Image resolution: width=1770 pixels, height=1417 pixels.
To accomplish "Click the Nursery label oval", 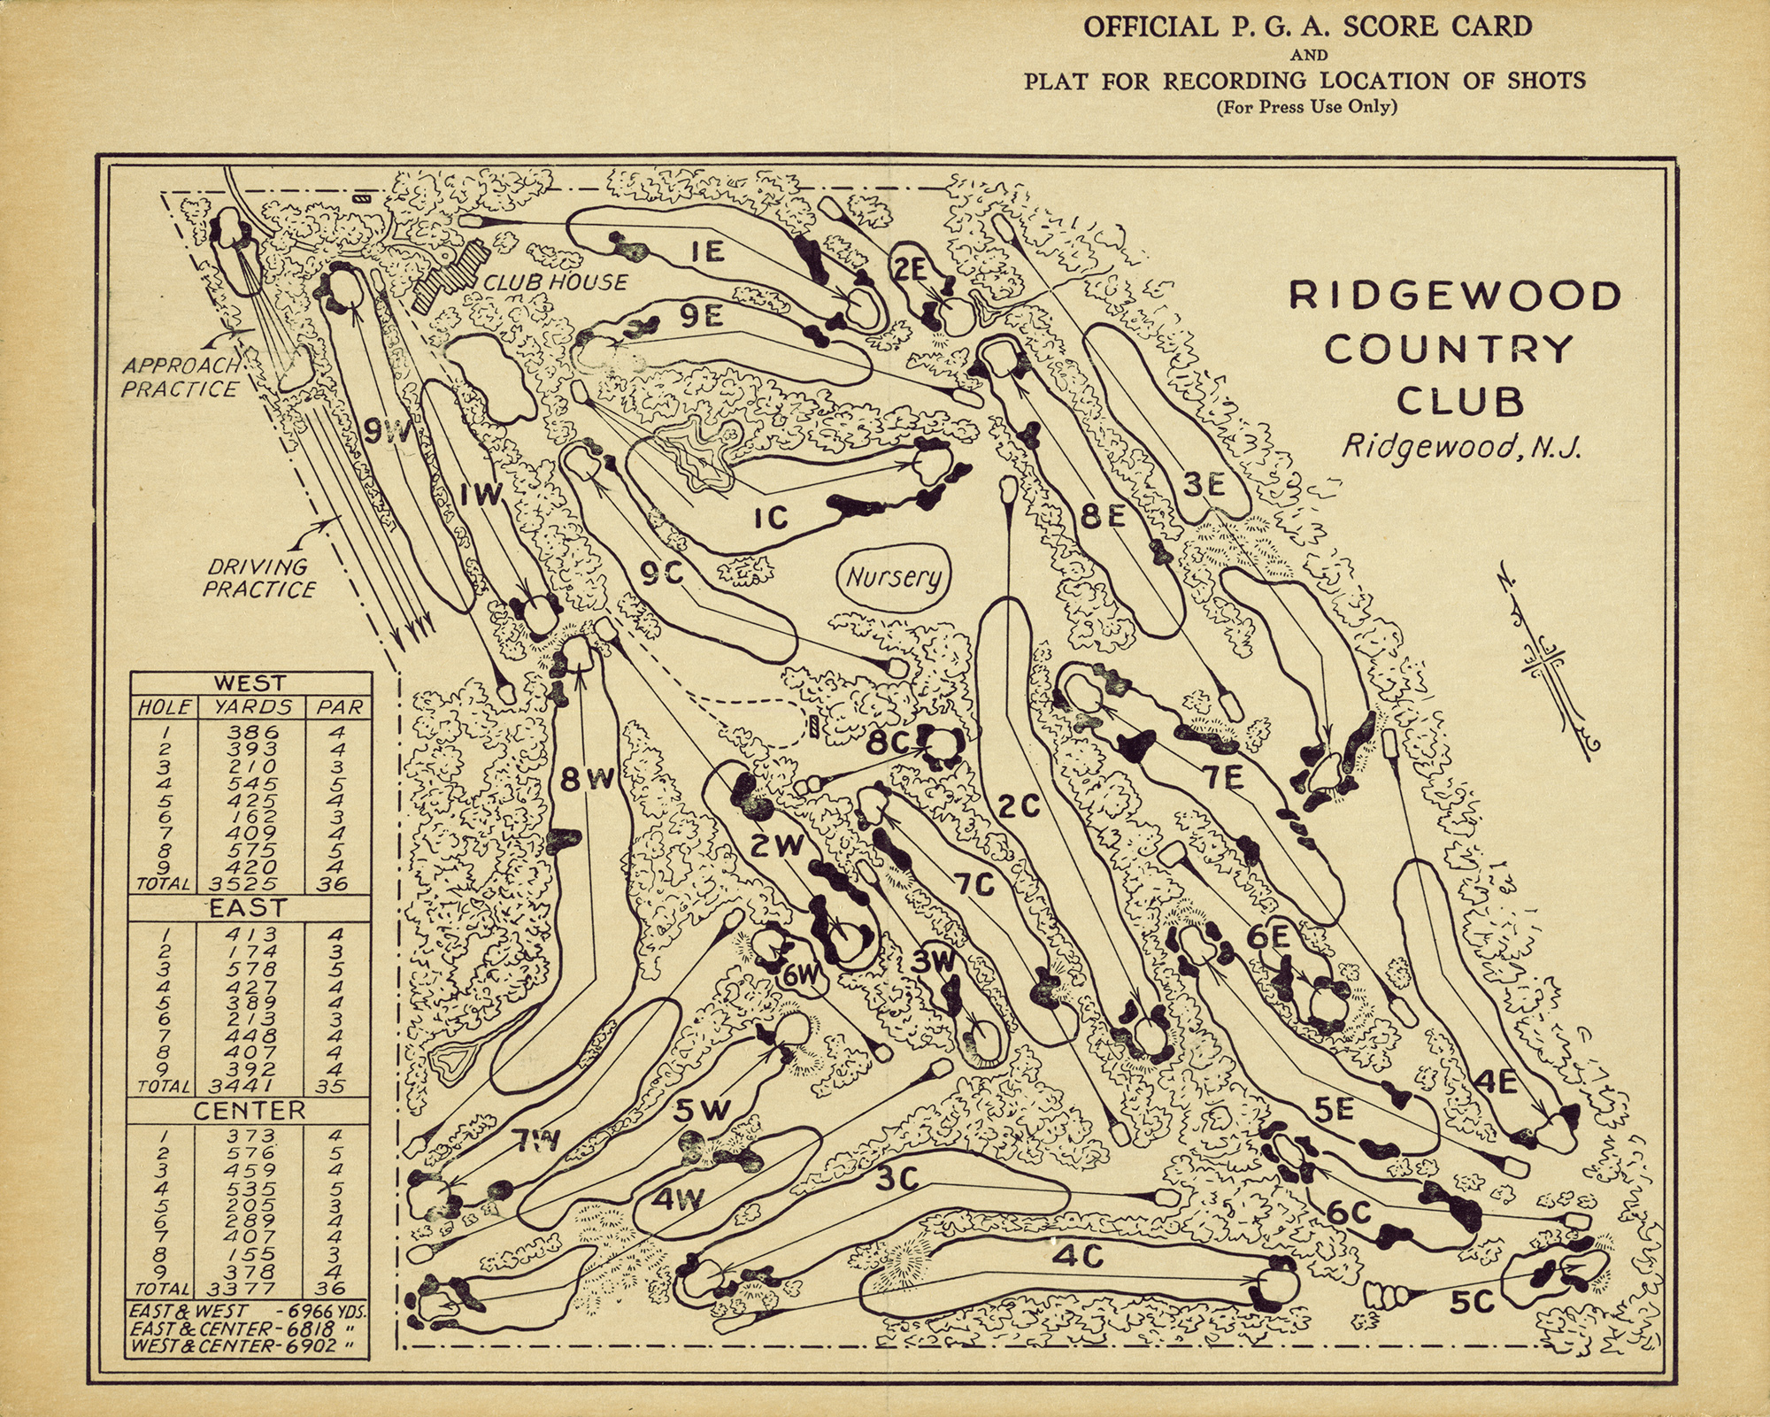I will [x=892, y=578].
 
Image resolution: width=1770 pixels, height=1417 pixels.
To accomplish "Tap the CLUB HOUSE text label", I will [x=555, y=282].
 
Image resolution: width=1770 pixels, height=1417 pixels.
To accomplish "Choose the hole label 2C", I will [x=1018, y=806].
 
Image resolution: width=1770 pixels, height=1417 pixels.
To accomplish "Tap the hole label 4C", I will [x=1078, y=1256].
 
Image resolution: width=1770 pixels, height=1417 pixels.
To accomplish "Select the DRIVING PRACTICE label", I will [x=258, y=578].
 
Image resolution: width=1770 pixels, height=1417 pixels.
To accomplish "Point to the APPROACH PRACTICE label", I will [x=181, y=377].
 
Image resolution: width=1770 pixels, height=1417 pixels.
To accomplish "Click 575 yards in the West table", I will [x=252, y=850].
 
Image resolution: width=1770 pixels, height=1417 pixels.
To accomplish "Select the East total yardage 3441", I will [x=252, y=1086].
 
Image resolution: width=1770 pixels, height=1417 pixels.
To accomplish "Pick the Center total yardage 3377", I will [x=252, y=1288].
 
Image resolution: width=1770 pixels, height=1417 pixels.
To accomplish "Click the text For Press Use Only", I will [x=1305, y=108].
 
